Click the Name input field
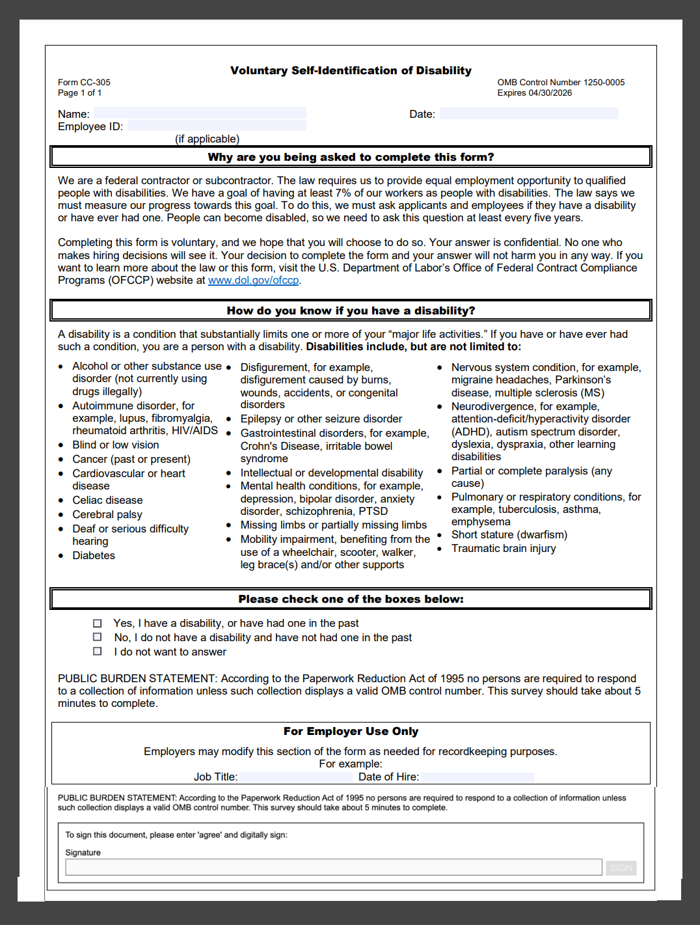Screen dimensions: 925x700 pyautogui.click(x=200, y=113)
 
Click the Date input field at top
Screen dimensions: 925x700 pyautogui.click(x=528, y=113)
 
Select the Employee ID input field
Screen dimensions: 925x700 pyautogui.click(x=217, y=126)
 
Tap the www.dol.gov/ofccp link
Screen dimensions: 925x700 pyautogui.click(x=253, y=281)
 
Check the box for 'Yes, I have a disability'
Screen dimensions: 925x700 pyautogui.click(x=98, y=623)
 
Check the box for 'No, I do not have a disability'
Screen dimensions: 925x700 pyautogui.click(x=98, y=637)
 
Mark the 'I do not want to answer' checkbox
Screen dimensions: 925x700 pyautogui.click(x=98, y=652)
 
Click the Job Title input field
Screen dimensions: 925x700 pyautogui.click(x=295, y=777)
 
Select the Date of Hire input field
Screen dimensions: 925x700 pyautogui.click(x=477, y=777)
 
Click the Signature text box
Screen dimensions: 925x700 pyautogui.click(x=333, y=867)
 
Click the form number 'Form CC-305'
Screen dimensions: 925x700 pyautogui.click(x=84, y=83)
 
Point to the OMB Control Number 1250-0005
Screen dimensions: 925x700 pyautogui.click(x=561, y=83)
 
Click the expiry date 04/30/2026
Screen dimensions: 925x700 pyautogui.click(x=550, y=93)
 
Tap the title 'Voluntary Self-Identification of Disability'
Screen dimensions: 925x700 pyautogui.click(x=351, y=70)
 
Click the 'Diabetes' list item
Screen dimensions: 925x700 pyautogui.click(x=94, y=555)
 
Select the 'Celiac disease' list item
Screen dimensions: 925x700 pyautogui.click(x=107, y=500)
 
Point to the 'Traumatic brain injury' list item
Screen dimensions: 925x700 pyautogui.click(x=504, y=548)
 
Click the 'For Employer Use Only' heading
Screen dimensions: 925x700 pyautogui.click(x=351, y=731)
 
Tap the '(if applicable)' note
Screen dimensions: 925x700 pyautogui.click(x=207, y=139)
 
